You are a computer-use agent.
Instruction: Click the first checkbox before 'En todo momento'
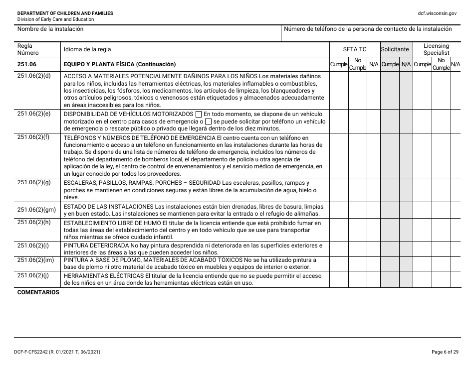pyautogui.click(x=199, y=115)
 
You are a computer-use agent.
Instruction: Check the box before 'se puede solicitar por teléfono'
pyautogui.click(x=209, y=122)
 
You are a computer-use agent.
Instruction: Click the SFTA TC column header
pyautogui.click(x=354, y=49)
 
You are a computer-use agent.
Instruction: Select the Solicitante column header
pyautogui.click(x=396, y=49)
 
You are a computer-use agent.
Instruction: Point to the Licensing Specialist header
pyautogui.click(x=436, y=49)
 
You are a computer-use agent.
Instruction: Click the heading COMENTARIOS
pyautogui.click(x=38, y=292)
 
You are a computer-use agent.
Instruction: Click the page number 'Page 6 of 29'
pyautogui.click(x=445, y=352)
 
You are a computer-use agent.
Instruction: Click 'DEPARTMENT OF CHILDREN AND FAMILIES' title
pyautogui.click(x=65, y=13)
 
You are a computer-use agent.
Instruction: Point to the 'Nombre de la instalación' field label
pyautogui.click(x=50, y=29)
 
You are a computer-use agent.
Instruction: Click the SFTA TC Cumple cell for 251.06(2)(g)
pyautogui.click(x=339, y=190)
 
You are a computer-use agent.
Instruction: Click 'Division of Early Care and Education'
pyautogui.click(x=55, y=19)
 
